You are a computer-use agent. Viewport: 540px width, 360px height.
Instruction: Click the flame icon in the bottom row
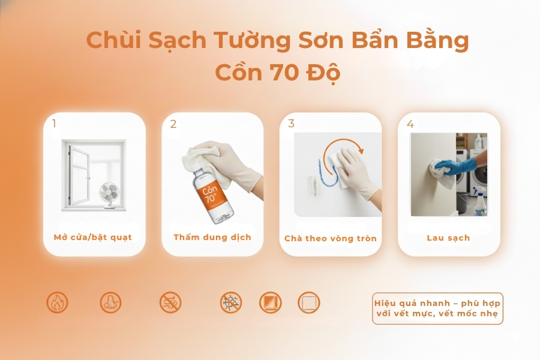[x=57, y=302]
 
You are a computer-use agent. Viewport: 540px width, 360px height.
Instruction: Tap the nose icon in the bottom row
[x=110, y=302]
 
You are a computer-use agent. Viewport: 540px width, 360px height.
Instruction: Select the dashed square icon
[x=309, y=302]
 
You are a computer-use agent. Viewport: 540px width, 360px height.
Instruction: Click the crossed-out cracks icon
[x=230, y=302]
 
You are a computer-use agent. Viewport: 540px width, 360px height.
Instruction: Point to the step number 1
[x=54, y=124]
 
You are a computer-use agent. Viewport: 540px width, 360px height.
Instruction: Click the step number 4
[x=410, y=124]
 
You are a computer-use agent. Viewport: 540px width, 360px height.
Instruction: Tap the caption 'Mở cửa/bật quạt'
[x=92, y=237]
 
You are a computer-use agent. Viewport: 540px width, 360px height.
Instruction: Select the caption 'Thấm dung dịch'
[x=212, y=237]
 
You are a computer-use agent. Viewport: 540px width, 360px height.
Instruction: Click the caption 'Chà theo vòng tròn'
[x=331, y=238]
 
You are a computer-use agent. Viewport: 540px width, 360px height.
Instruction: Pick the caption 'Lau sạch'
[x=448, y=238]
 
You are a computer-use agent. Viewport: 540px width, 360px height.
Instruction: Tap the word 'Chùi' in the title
[x=108, y=40]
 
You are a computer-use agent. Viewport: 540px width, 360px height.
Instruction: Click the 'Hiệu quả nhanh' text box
[x=437, y=308]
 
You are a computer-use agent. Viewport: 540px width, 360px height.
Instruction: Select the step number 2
[x=173, y=124]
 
